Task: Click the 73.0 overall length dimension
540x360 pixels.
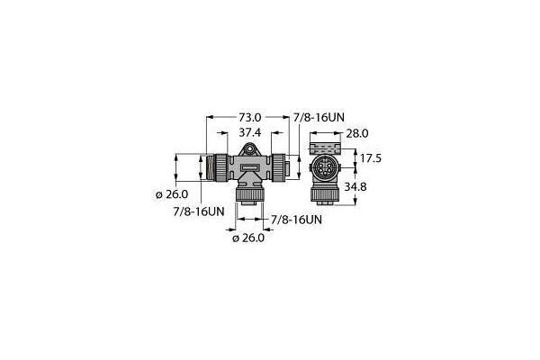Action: point(250,118)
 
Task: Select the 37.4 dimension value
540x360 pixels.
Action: point(250,132)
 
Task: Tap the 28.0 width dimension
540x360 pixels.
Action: point(357,133)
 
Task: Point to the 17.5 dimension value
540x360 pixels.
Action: point(371,158)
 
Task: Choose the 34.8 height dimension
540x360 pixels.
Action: point(355,186)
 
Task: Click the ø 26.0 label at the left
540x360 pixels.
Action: point(172,194)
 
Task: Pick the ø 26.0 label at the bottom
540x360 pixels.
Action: point(248,238)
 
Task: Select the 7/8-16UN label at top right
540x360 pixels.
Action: point(319,118)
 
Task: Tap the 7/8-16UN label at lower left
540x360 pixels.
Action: point(199,211)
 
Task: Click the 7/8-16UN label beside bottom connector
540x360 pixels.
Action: point(296,220)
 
